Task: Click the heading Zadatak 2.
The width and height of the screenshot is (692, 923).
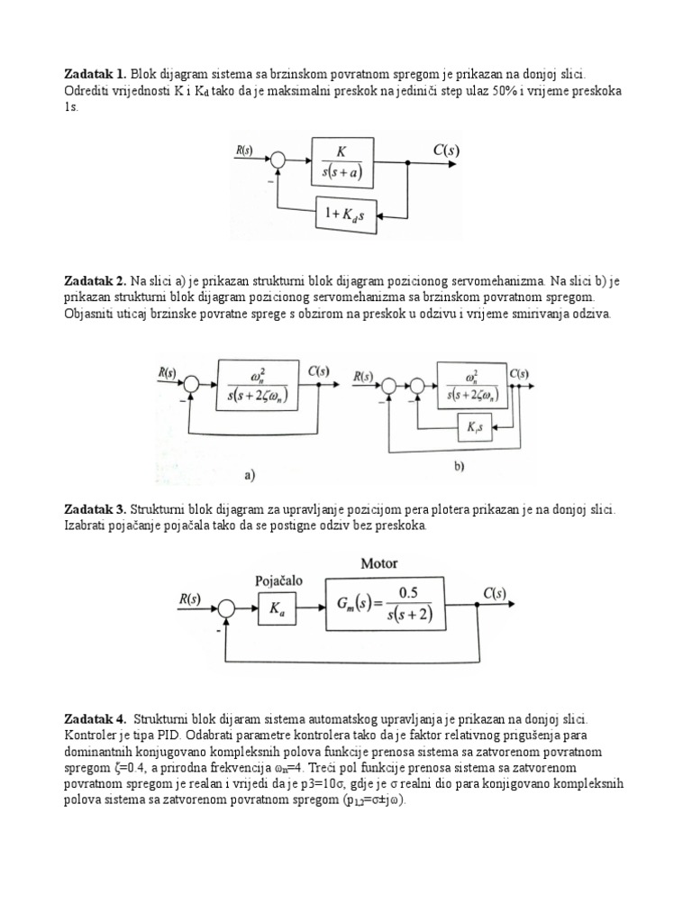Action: coord(96,281)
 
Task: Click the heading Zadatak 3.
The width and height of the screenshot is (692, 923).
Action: coord(96,509)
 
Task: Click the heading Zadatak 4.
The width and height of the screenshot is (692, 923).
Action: coord(96,719)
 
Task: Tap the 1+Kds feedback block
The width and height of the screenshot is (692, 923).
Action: coord(347,216)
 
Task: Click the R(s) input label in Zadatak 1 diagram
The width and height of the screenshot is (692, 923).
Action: coord(246,151)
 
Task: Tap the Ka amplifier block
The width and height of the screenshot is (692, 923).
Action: coord(277,608)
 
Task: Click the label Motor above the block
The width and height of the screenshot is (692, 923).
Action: coord(379,563)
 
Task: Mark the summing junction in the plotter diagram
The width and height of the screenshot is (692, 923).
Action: coord(226,609)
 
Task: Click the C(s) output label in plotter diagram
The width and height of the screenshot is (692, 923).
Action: coord(493,595)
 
